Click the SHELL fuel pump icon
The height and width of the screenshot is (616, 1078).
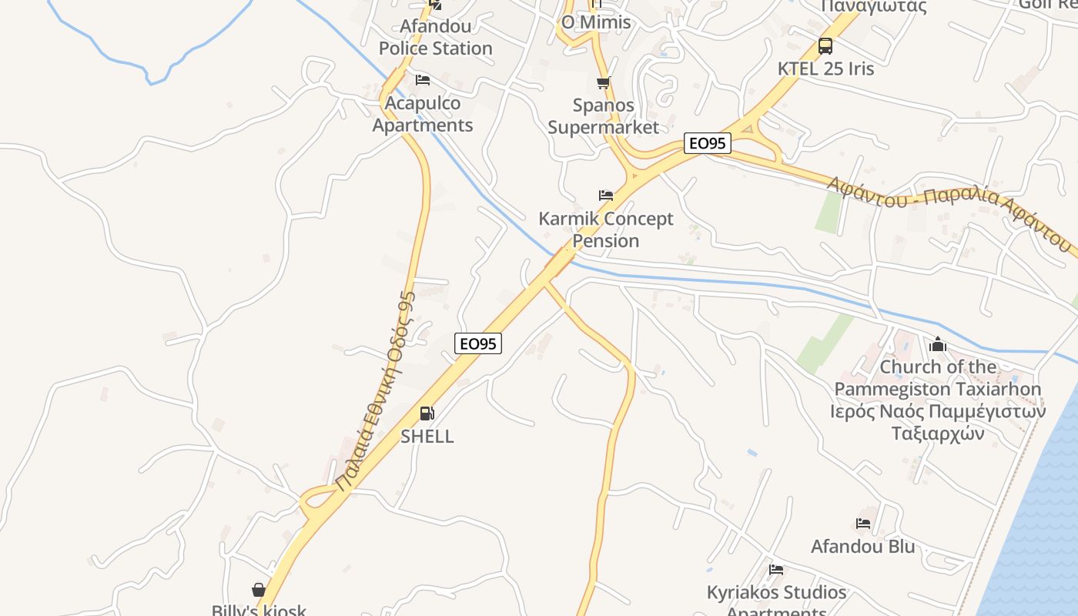[x=427, y=413]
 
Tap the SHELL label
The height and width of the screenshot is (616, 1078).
[x=427, y=436]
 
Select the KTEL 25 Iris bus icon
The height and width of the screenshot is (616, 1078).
[x=825, y=46]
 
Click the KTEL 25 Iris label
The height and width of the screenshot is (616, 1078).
[x=825, y=69]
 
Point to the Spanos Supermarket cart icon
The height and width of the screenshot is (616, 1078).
[x=603, y=82]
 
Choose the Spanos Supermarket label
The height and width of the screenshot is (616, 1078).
[x=603, y=115]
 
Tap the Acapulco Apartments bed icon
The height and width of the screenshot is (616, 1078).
[x=422, y=80]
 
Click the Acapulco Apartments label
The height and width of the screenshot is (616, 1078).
[x=422, y=114]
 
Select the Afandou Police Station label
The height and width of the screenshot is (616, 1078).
[x=435, y=37]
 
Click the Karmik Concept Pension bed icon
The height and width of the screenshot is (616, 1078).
[x=606, y=196]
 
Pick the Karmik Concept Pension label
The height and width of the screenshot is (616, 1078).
[x=606, y=229]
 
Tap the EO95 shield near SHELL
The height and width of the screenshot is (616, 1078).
[x=478, y=343]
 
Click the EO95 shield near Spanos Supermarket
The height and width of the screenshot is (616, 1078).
[x=707, y=143]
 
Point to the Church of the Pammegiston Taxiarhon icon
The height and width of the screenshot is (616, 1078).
[x=938, y=344]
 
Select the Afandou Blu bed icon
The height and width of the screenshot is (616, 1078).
[x=863, y=524]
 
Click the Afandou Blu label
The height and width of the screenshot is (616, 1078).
[x=863, y=547]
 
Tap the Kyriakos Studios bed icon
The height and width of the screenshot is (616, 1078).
[x=776, y=570]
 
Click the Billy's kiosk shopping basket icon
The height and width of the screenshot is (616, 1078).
[x=259, y=590]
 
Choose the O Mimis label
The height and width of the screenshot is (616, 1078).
[x=596, y=22]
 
